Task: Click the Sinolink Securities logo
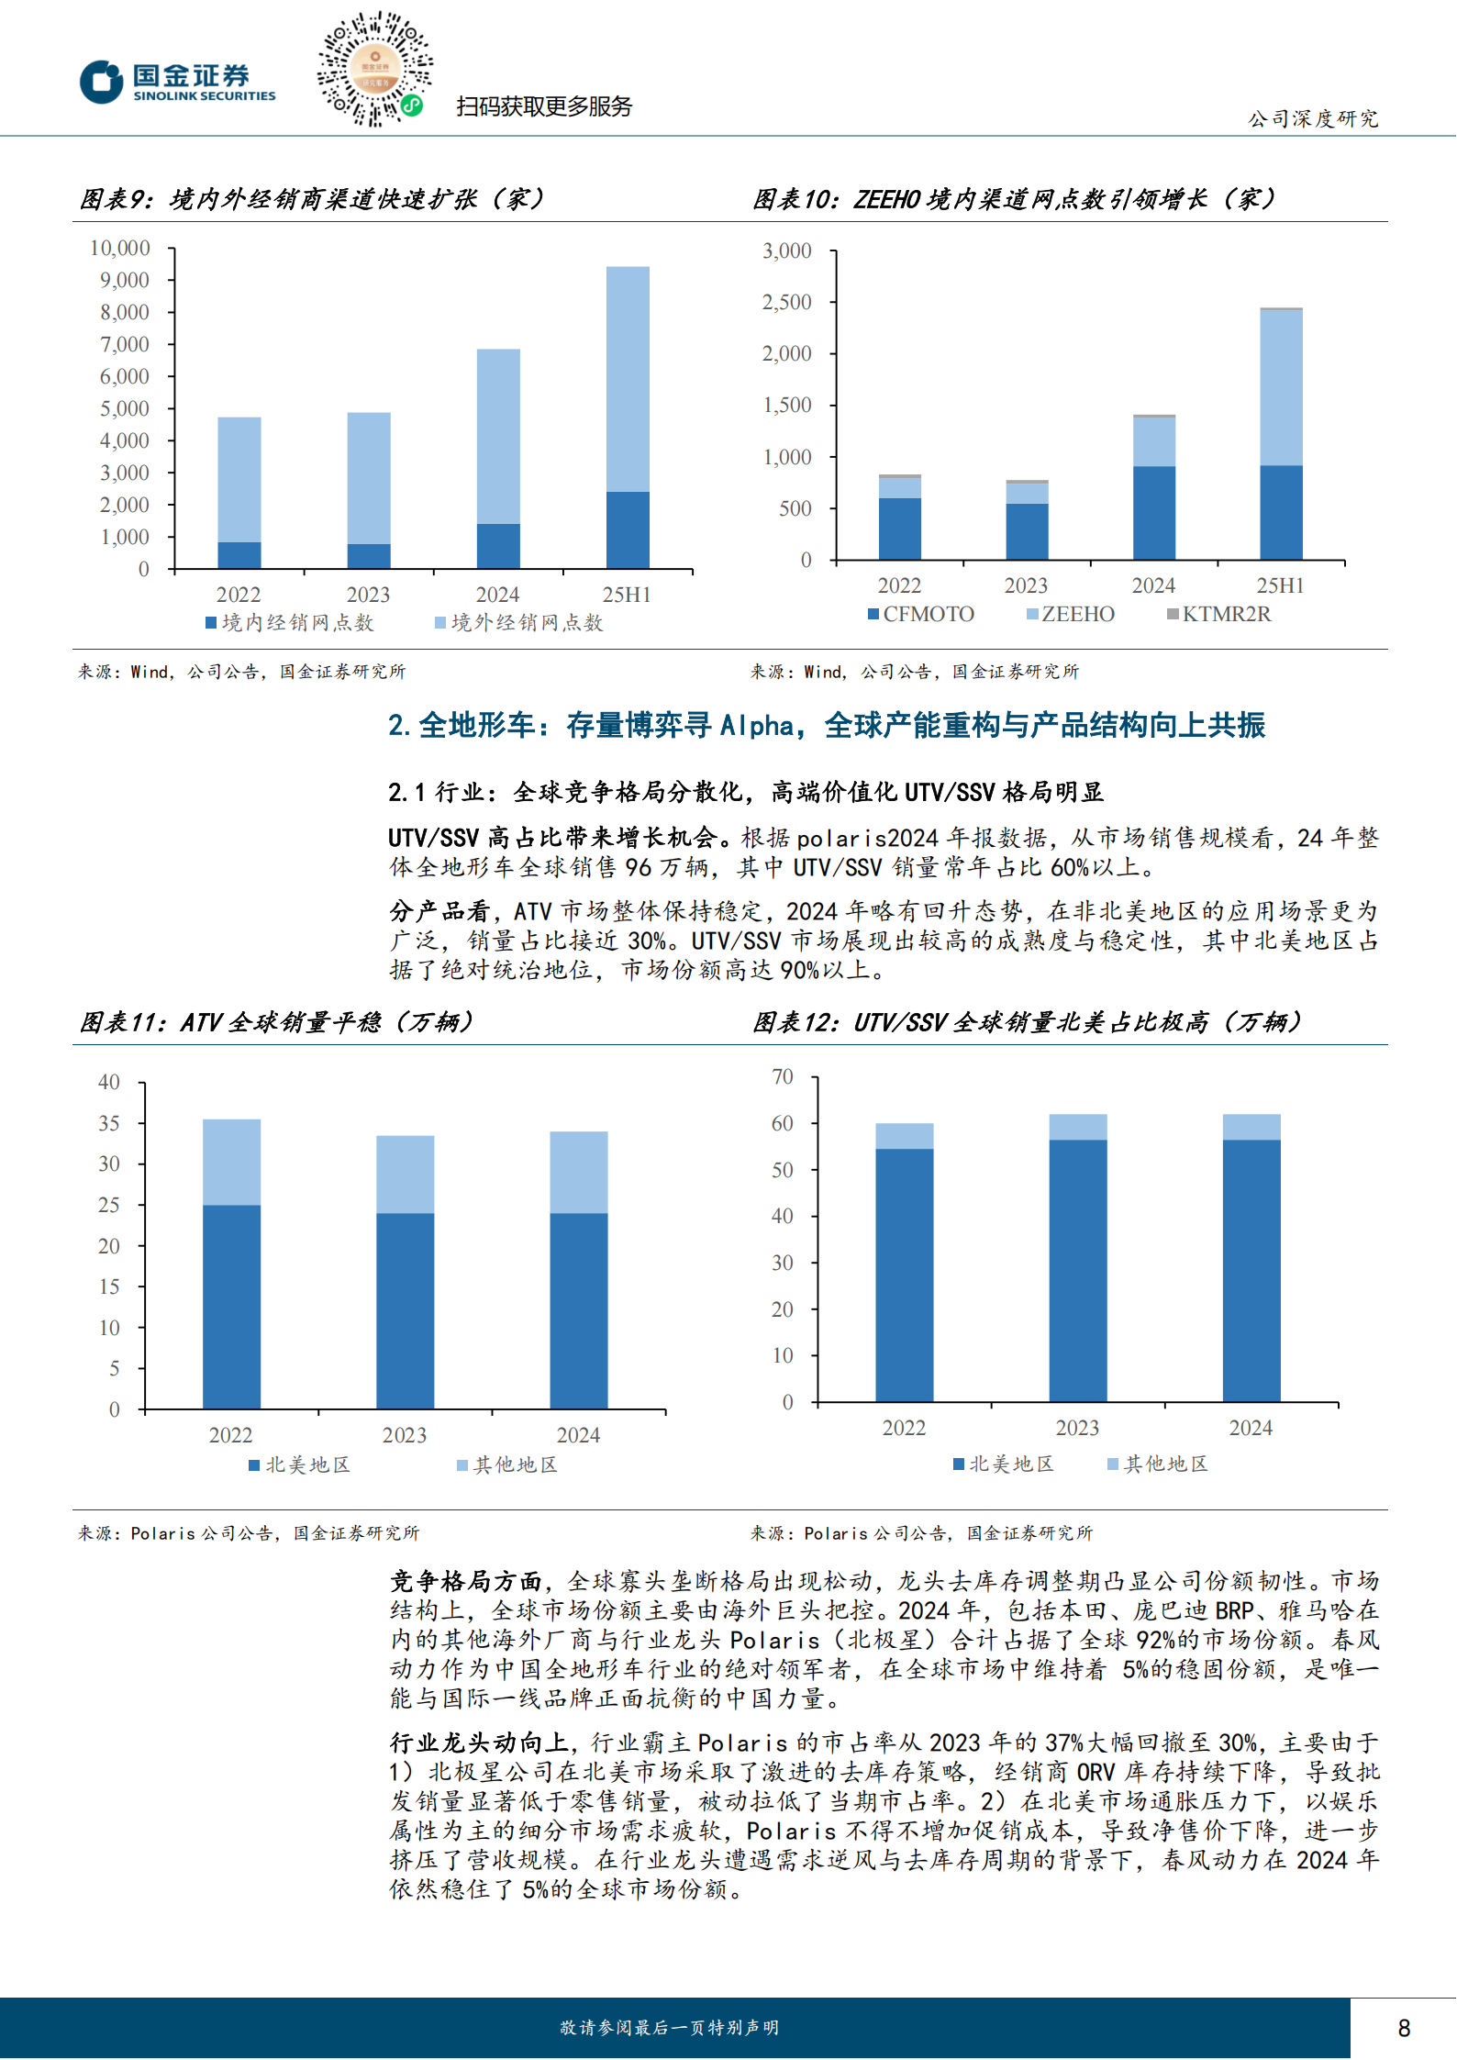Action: point(177,82)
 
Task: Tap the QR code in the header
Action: point(374,69)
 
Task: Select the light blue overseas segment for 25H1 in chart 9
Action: point(628,379)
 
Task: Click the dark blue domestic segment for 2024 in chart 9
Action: point(498,546)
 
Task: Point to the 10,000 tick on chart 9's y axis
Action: point(120,248)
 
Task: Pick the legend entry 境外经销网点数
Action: point(519,623)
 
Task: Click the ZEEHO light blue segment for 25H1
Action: point(1281,387)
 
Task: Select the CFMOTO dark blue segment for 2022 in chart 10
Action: point(899,529)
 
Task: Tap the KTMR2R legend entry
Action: point(1219,614)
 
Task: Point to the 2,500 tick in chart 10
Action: point(787,302)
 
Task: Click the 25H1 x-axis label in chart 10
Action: point(1280,585)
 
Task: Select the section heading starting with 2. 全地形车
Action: point(826,726)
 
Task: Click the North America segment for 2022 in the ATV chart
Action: point(231,1306)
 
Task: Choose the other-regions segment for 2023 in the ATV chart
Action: point(405,1175)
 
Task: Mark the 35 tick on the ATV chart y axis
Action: point(109,1123)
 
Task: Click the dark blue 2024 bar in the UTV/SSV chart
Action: point(1251,1270)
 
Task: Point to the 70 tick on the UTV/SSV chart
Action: point(783,1076)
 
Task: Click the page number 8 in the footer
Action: point(1403,2028)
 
